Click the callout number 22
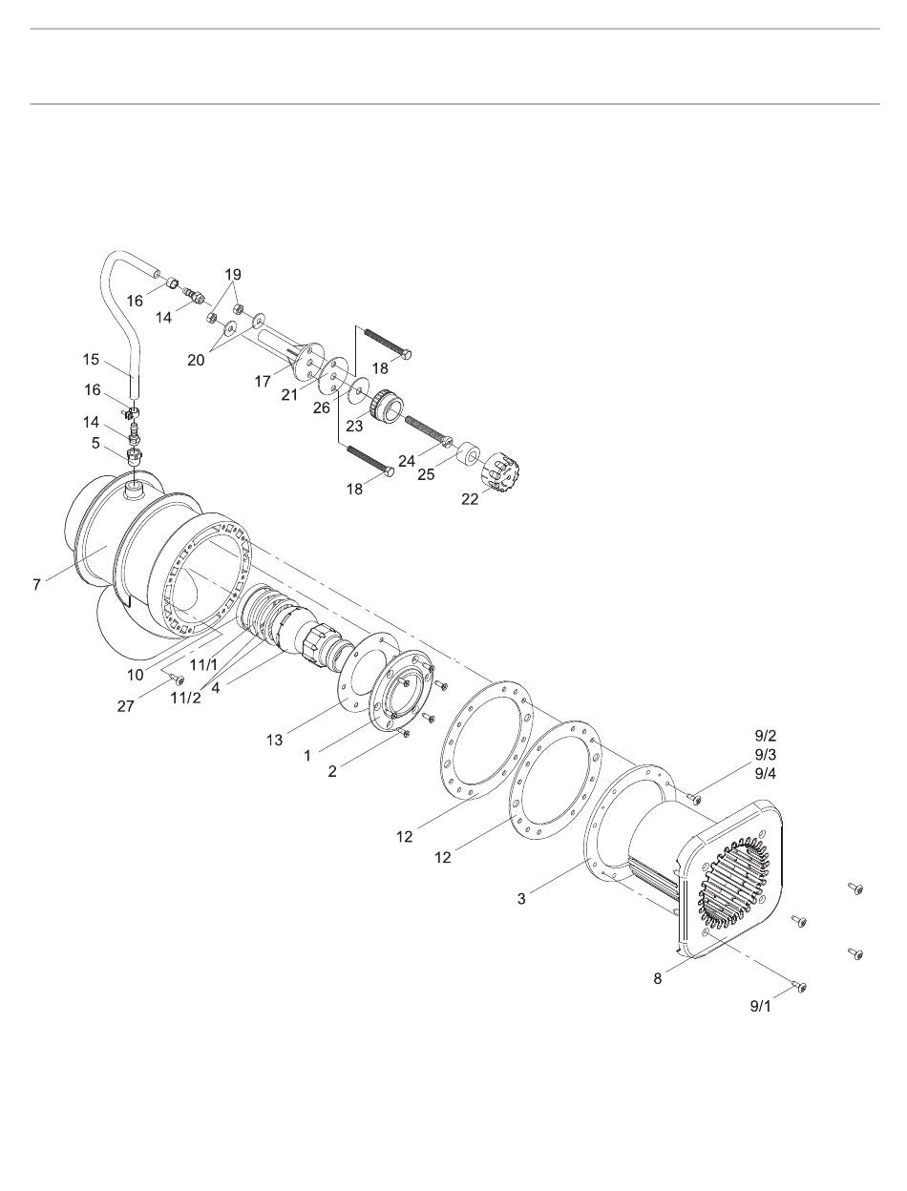pos(470,499)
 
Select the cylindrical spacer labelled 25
pos(467,453)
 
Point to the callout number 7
pos(37,585)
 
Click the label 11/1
pos(203,664)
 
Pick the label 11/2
pos(185,699)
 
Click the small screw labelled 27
pos(177,679)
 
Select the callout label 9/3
pos(765,755)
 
